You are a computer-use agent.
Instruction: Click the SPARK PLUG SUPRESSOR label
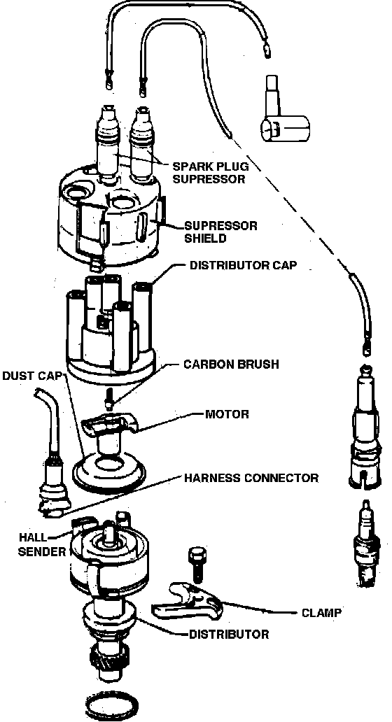[209, 172]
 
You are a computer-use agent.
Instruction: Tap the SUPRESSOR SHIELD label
[220, 232]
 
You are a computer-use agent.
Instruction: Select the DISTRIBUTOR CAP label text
[243, 265]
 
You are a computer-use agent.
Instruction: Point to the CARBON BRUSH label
[231, 364]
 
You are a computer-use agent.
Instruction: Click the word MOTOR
[227, 413]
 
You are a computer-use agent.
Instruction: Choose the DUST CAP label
[31, 375]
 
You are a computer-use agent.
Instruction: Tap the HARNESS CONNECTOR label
[251, 478]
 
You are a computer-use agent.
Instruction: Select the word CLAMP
[321, 612]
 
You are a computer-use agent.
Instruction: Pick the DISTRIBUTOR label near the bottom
[229, 634]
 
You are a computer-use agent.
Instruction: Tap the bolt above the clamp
[195, 565]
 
